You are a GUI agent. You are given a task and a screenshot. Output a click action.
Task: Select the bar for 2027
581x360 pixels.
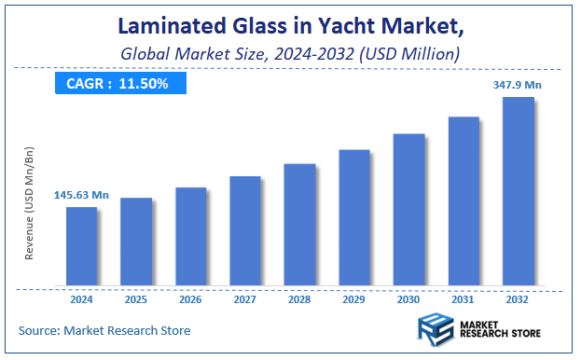tap(245, 230)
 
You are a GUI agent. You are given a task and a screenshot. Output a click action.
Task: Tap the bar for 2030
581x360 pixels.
tap(408, 209)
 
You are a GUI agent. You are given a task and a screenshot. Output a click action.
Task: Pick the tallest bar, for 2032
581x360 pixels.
tap(518, 190)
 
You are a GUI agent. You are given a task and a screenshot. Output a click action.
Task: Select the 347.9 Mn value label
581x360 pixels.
tap(518, 85)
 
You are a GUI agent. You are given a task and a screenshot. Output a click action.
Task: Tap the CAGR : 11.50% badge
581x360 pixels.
tap(118, 84)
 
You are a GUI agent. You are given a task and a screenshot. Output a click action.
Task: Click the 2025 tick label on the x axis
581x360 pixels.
tap(135, 299)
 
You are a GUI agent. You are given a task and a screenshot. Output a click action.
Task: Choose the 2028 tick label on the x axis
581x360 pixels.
tap(299, 299)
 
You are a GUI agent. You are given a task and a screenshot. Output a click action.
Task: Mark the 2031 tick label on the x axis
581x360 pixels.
tap(463, 299)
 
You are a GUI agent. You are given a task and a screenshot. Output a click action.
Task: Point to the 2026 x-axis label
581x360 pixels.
tap(190, 299)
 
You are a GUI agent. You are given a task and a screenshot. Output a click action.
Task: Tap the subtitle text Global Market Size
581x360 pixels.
tap(191, 55)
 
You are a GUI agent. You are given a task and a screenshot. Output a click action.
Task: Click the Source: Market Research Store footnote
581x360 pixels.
tap(104, 330)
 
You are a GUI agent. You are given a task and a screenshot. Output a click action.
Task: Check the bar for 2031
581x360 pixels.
tap(463, 201)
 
